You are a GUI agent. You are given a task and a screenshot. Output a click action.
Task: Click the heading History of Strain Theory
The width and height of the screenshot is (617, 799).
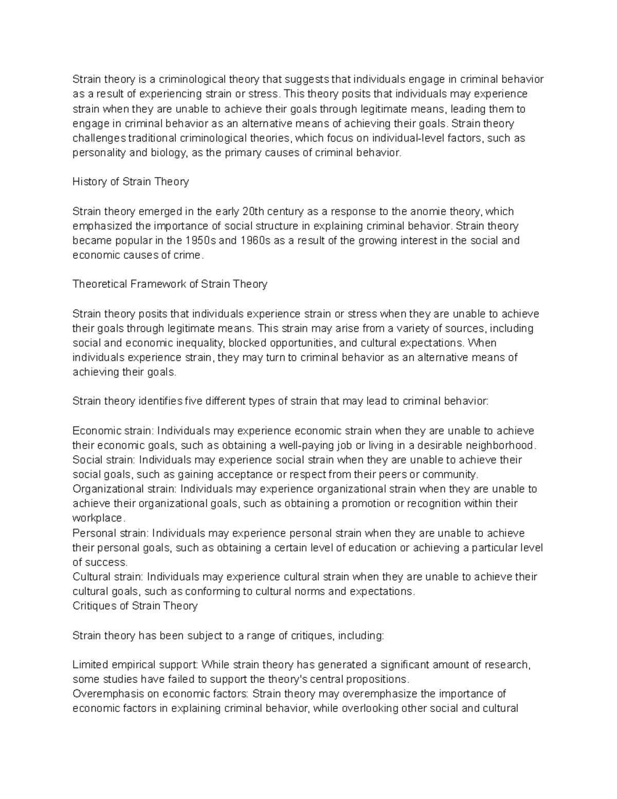[131, 182]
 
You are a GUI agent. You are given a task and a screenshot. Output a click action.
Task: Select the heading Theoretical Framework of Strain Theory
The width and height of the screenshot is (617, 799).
[170, 284]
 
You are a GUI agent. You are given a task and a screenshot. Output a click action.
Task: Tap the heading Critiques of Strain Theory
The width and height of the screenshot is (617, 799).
[135, 606]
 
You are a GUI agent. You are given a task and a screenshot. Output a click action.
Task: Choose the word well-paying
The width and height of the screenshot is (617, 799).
[296, 445]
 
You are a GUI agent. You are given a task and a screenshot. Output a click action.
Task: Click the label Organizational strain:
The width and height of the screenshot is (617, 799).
[124, 489]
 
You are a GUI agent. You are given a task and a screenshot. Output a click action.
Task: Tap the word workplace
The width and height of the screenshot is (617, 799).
[98, 518]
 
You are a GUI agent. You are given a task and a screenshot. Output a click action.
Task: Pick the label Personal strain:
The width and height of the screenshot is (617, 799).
[111, 533]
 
